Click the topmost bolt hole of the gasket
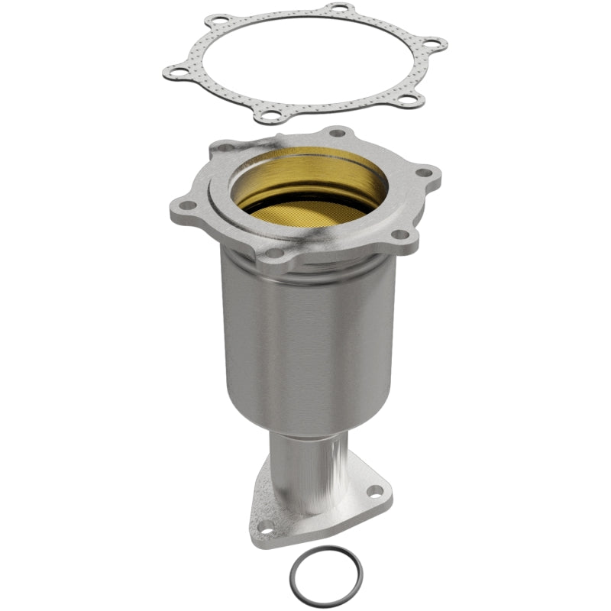tap(334, 9)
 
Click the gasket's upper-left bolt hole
tap(220, 21)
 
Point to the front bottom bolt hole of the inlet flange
tap(273, 252)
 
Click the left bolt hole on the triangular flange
tap(264, 526)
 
